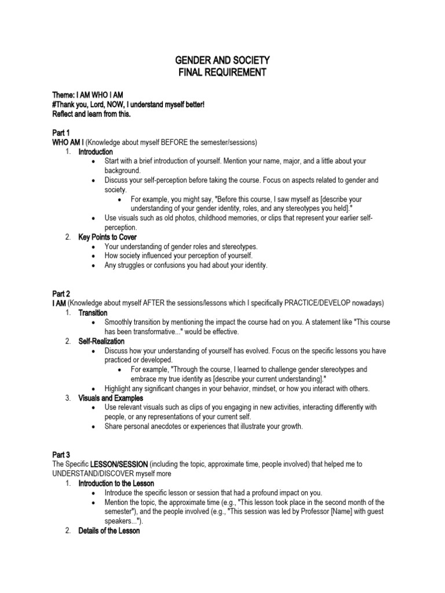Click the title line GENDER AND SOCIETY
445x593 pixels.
pyautogui.click(x=222, y=61)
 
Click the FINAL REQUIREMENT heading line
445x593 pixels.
pyautogui.click(x=222, y=72)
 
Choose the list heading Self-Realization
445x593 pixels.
pyautogui.click(x=101, y=341)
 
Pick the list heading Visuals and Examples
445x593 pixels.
pyautogui.click(x=111, y=398)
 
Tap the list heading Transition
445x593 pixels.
pyautogui.click(x=93, y=313)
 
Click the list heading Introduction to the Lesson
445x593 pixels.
pyautogui.click(x=116, y=483)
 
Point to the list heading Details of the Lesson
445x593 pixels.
pyautogui.click(x=109, y=530)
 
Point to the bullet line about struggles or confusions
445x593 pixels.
pyautogui.click(x=186, y=265)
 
